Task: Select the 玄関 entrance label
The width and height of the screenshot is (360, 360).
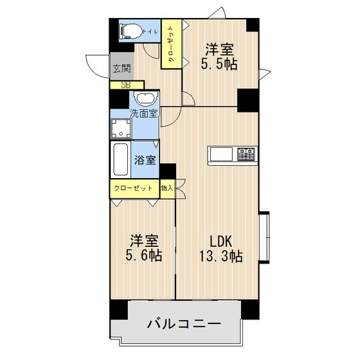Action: click(x=120, y=68)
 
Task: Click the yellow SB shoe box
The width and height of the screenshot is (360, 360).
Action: click(x=126, y=84)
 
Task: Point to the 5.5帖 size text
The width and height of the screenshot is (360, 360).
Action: click(x=220, y=64)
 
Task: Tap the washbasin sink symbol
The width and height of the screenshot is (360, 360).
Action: click(x=145, y=100)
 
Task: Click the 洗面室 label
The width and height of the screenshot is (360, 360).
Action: click(x=145, y=114)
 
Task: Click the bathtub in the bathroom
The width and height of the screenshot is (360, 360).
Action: click(x=120, y=161)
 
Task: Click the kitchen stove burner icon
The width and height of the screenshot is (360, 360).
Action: click(x=247, y=154)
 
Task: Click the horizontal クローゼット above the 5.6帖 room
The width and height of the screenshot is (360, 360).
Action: click(x=133, y=188)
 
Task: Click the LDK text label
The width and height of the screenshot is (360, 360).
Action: click(x=220, y=241)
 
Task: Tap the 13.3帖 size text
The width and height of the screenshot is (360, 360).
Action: click(x=221, y=256)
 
